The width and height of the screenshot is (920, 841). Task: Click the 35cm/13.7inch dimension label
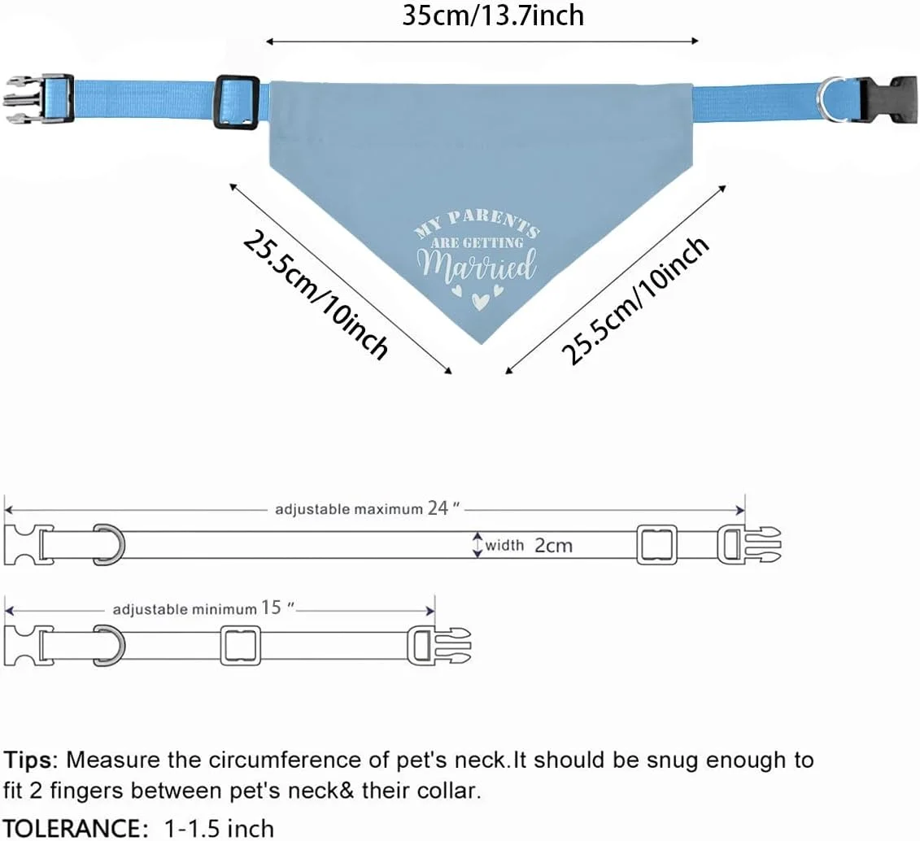pos(493,15)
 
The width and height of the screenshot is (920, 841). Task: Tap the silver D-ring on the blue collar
pos(831,98)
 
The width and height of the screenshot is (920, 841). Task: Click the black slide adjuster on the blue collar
pos(237,102)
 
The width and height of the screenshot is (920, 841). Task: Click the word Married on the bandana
pos(477,264)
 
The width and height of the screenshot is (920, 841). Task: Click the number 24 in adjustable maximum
pos(438,508)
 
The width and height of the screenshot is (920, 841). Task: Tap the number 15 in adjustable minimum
pos(272,608)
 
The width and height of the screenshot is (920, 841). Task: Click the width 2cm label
pos(529,546)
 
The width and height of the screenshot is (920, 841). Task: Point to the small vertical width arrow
pos(477,545)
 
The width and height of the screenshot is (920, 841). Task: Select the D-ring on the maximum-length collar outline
pos(109,544)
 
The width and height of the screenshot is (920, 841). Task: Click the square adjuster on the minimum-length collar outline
pos(240,645)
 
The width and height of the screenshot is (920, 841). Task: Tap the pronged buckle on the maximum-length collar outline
pos(749,544)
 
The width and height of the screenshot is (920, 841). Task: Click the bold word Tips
pos(30,760)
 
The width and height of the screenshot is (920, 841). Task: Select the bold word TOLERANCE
pos(72,828)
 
